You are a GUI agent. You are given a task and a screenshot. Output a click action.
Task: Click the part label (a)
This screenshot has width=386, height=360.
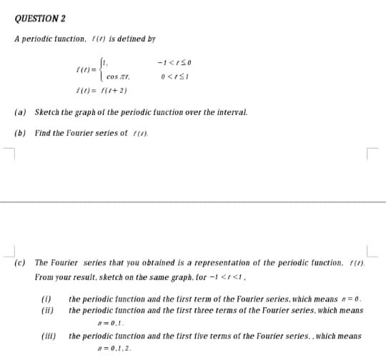pyautogui.click(x=21, y=113)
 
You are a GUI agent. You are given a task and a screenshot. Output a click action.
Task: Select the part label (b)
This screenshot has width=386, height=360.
pyautogui.click(x=21, y=133)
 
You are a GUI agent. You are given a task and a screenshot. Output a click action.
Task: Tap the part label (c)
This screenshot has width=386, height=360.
pyautogui.click(x=21, y=263)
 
